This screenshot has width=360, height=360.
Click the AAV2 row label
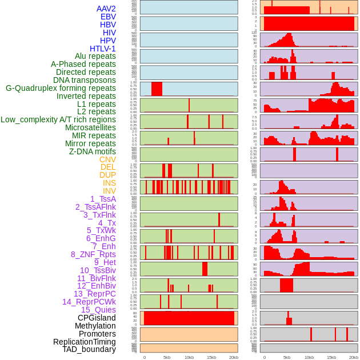[106, 9]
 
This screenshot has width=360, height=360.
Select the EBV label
[108, 17]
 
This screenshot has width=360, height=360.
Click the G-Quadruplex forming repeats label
[61, 88]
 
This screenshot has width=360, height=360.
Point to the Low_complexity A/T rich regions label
[58, 119]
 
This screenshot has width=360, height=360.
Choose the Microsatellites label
[90, 127]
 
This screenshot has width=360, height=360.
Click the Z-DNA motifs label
[92, 151]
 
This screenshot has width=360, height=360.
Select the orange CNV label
[107, 159]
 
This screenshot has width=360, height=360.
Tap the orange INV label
[109, 191]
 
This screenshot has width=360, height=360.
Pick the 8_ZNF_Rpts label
[93, 254]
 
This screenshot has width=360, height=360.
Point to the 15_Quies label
[98, 310]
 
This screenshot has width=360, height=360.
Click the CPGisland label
[97, 318]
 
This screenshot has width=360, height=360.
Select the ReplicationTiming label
[84, 342]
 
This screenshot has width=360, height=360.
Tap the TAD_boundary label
[89, 349]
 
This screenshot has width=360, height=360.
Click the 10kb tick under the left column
[189, 357]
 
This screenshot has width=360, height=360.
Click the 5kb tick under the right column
[287, 357]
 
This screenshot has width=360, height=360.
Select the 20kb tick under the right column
[354, 357]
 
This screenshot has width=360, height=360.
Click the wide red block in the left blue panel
[157, 89]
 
